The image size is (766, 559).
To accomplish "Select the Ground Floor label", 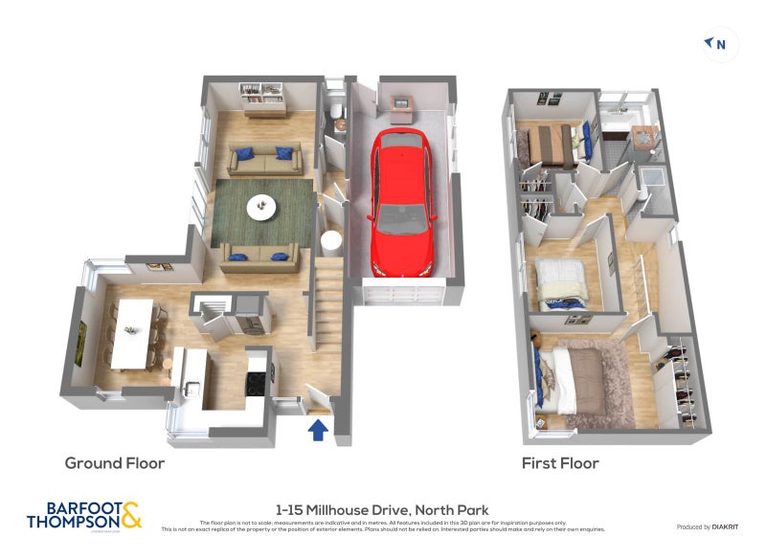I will pos(115,463).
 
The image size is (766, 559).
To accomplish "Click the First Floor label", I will pos(560,463).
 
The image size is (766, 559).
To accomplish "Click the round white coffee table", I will pos(260,206).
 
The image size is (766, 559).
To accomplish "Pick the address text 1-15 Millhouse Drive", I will pos(381,510).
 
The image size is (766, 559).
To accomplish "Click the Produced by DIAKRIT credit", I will pos(708,527).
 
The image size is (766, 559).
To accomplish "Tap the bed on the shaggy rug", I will pos(579,378).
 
